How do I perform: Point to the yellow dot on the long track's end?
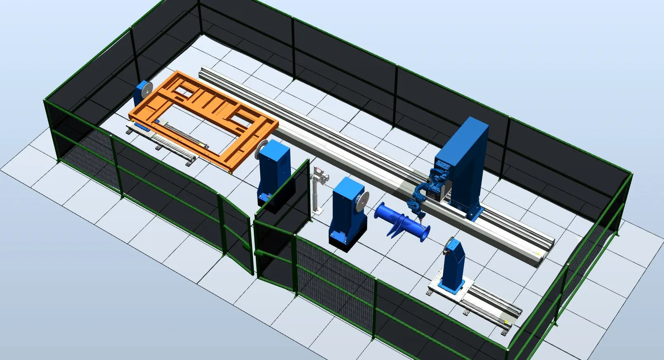click(x=538, y=253)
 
